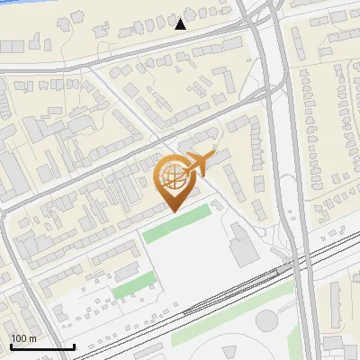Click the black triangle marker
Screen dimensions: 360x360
click(180, 24)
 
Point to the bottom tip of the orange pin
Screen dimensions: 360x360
click(172, 211)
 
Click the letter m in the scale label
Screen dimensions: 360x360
click(33, 338)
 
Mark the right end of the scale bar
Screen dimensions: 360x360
click(75, 346)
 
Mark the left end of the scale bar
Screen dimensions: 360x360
click(10, 346)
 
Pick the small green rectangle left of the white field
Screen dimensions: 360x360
click(132, 289)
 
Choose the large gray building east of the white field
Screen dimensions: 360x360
click(243, 244)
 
